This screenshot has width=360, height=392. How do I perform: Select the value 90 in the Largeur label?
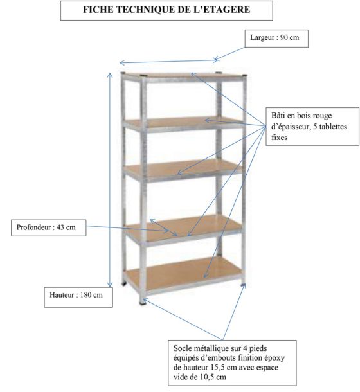pos(284,38)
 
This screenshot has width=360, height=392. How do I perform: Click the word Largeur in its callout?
pos(262,38)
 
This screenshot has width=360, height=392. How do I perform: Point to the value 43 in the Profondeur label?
pos(60,227)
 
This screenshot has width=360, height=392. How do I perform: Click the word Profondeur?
pos(33,227)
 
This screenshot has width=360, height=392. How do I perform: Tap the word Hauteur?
pos(62,295)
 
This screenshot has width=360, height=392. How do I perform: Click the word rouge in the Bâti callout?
pos(322,116)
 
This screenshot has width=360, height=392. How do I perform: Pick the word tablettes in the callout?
pos(332,127)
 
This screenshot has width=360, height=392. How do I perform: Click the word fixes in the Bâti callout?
pos(280,138)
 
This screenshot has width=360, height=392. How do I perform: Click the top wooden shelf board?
pos(184,76)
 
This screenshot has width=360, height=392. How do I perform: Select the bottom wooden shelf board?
pos(183,273)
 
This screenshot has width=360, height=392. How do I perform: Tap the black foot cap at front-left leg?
pos(143,303)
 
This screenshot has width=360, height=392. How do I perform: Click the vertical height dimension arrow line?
pos(110,180)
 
